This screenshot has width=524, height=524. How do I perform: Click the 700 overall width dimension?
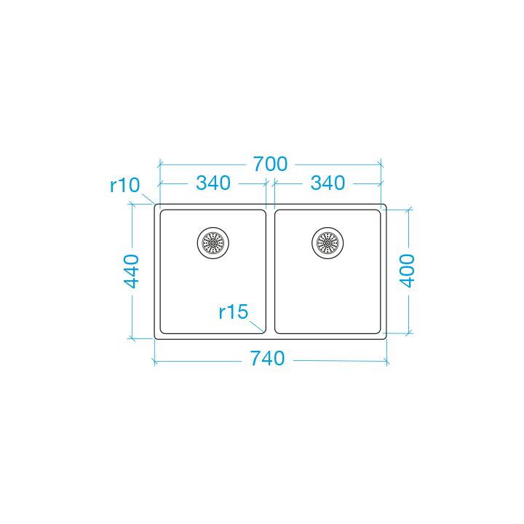point(270,164)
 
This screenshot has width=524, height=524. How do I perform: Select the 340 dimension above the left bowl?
point(213,183)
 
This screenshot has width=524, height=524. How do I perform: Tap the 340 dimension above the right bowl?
point(327,183)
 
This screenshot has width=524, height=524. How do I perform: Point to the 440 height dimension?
point(131,271)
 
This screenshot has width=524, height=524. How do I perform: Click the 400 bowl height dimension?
point(408,271)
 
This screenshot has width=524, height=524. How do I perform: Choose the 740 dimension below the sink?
point(267,359)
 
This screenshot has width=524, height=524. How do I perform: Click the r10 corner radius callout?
point(124,185)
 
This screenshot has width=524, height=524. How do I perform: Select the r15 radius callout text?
point(234,311)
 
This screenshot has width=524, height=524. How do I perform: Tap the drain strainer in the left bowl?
point(213,243)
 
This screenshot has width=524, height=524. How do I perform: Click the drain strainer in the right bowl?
point(327,243)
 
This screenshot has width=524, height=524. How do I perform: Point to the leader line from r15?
point(257,326)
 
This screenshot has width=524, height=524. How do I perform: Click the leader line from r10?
point(148,199)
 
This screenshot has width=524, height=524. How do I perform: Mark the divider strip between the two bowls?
point(270,271)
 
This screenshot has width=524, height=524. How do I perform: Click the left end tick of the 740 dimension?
point(154,361)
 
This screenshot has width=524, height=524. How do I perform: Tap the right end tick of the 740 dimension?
point(386,361)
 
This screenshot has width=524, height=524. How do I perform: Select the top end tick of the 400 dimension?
point(409,210)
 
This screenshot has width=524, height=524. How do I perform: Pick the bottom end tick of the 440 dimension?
point(132,338)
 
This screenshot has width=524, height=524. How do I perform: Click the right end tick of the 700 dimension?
point(381,164)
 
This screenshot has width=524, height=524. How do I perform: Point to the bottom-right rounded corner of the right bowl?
point(378,331)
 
